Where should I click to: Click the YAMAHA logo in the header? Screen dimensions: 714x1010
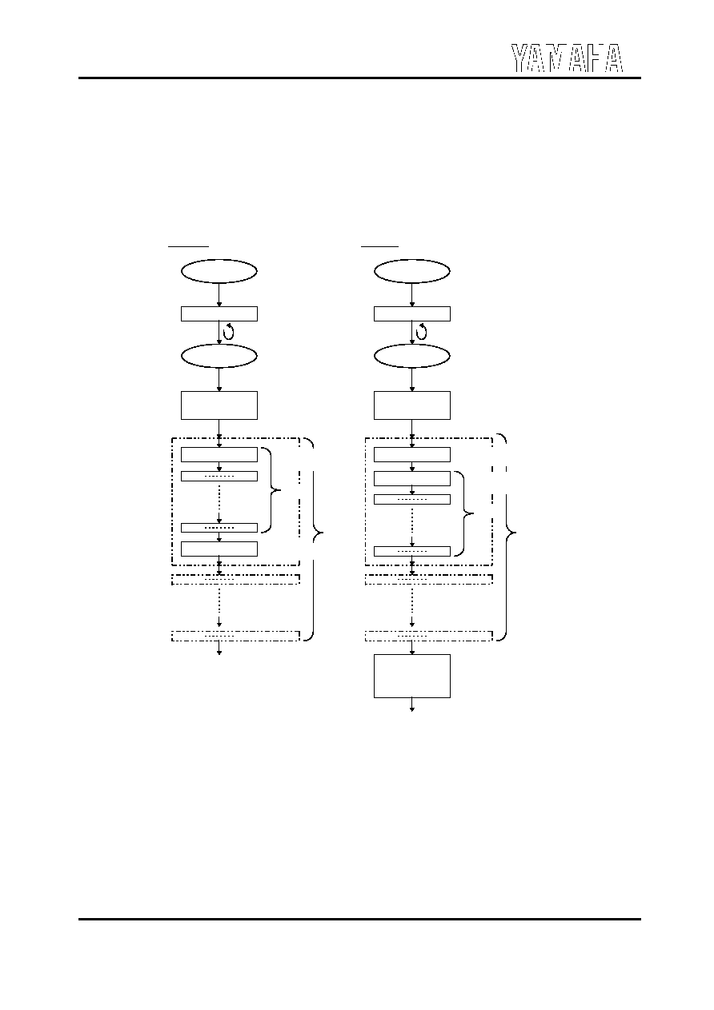(x=567, y=58)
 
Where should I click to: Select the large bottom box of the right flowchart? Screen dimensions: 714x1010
(x=412, y=676)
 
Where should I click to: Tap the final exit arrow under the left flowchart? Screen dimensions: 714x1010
(x=219, y=648)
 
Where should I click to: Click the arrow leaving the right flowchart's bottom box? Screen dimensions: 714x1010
(x=412, y=705)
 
